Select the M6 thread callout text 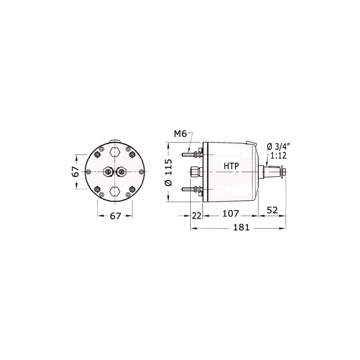180,134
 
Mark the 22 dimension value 197,216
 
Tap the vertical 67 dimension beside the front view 76,171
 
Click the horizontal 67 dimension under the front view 116,216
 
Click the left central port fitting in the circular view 108,171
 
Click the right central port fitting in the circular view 122,171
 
